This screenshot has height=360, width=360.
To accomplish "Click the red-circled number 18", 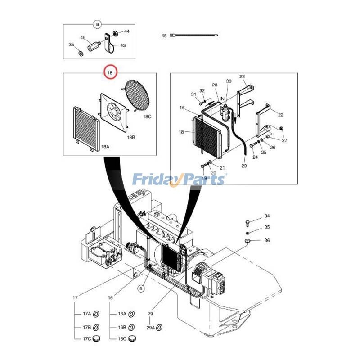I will pos(110,72).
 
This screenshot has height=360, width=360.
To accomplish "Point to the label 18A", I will pos(105,147).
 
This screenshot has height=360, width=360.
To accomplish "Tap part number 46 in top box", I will pos(83,38).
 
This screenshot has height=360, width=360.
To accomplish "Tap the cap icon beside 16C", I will pos(132,339).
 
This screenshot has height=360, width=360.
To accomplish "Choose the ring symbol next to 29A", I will pos(158,327).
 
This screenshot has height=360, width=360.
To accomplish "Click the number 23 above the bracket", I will pos(242,76).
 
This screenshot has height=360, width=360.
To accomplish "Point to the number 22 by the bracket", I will pos(280,115).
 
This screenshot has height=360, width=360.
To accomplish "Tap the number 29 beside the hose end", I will pos(244,166).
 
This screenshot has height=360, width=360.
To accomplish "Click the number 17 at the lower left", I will pos(76,298).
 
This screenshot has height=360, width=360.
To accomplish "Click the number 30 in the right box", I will pos(229,81).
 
